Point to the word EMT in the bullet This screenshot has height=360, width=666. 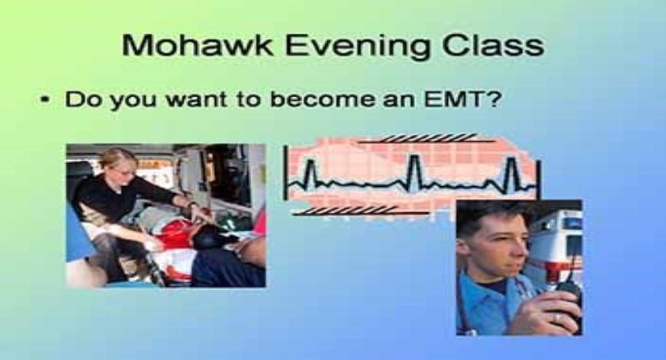(x=452, y=99)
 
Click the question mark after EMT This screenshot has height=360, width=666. (x=492, y=99)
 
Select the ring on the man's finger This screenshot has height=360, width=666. (x=557, y=316)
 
